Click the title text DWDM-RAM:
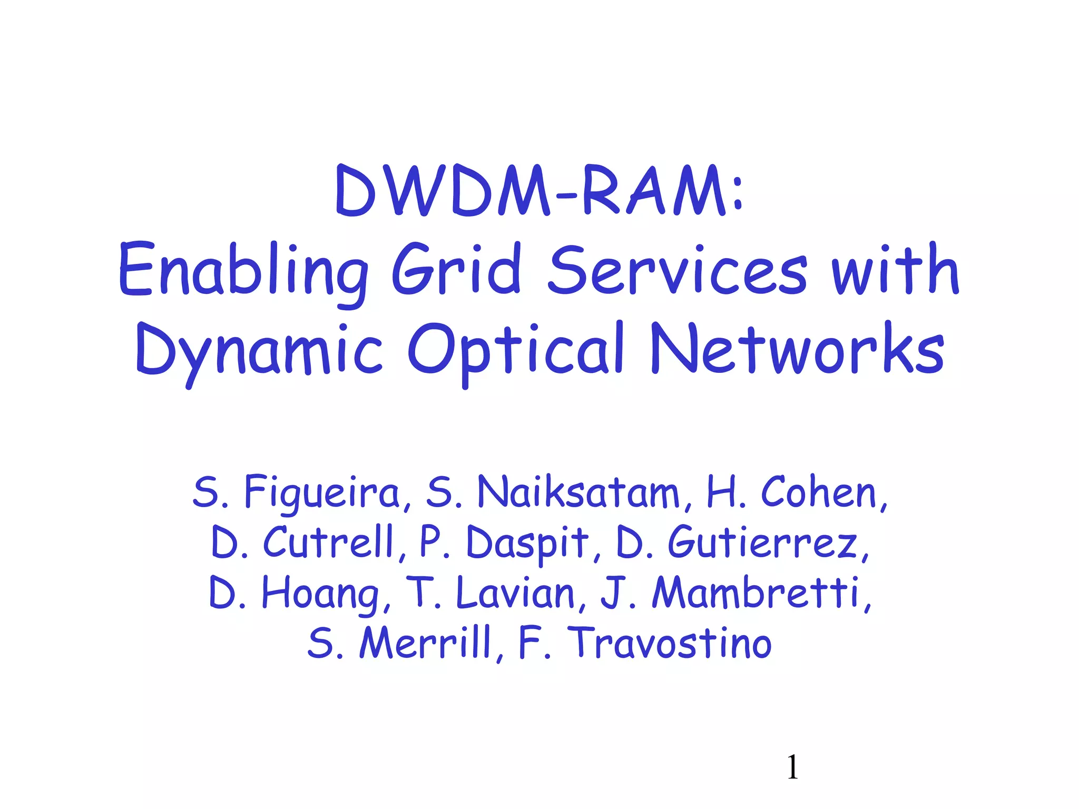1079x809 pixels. [x=539, y=191]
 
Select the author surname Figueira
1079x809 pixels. [x=322, y=493]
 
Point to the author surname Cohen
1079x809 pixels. [x=819, y=493]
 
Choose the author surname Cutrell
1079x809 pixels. [x=329, y=542]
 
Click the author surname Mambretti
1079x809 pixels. [x=756, y=593]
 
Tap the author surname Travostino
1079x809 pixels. [x=672, y=643]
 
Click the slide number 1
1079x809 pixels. [x=792, y=767]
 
